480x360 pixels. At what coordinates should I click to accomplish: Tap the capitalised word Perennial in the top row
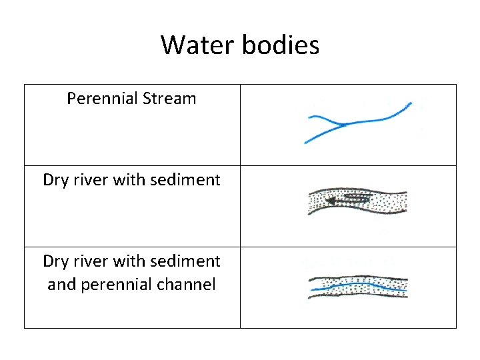click(x=101, y=99)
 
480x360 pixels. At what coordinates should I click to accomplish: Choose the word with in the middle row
click(x=124, y=180)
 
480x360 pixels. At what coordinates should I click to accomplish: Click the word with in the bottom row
click(x=124, y=261)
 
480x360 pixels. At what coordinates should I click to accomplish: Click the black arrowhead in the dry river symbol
click(x=329, y=200)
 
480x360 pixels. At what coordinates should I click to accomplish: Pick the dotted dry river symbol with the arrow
click(x=357, y=201)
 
